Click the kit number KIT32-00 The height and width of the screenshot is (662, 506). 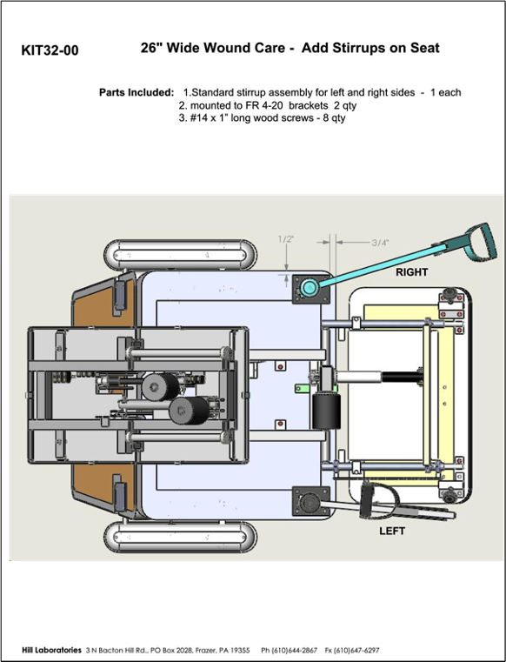pos(50,50)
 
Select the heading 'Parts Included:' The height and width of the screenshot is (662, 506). pos(136,92)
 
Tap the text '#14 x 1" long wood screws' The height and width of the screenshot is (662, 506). pos(251,117)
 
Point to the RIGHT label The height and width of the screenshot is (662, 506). pos(411,272)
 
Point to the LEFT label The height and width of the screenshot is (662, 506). pos(392,531)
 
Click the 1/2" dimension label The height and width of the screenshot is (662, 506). pos(286,239)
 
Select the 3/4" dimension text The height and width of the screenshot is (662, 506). pos(380,243)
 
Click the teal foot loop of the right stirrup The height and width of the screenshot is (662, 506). pos(480,243)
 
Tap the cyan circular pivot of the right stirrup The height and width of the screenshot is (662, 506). pos(308,288)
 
